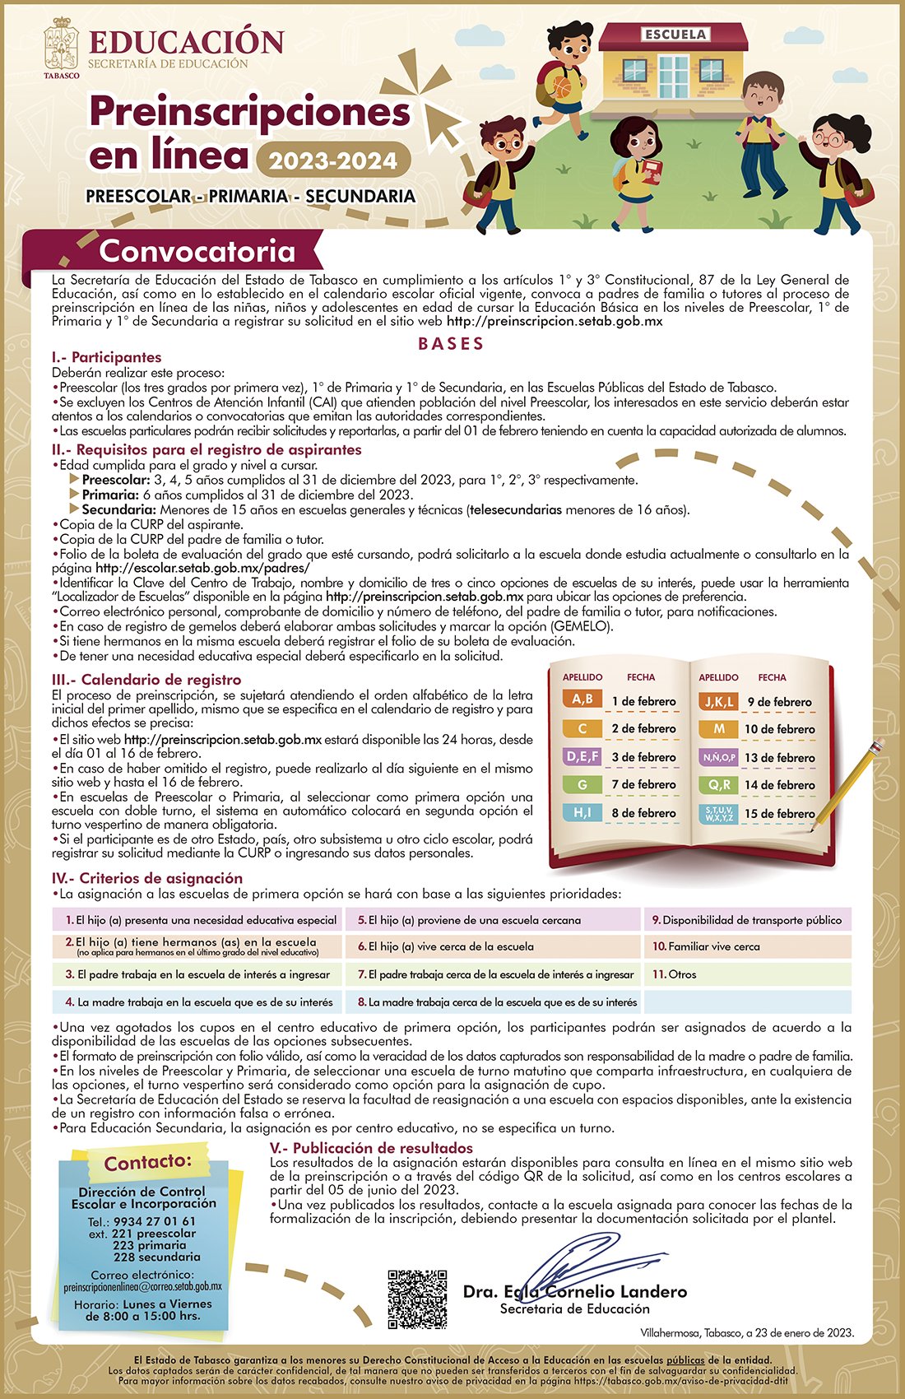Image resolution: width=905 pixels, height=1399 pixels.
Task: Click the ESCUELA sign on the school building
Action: point(675,35)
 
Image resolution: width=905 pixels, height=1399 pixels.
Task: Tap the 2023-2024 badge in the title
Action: point(333,160)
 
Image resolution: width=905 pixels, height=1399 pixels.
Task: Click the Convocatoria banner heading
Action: point(197,251)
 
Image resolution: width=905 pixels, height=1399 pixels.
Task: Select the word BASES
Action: point(452,344)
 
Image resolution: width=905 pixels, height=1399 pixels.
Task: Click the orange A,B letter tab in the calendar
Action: point(582,699)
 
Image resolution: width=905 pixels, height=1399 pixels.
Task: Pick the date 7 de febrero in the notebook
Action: point(643,784)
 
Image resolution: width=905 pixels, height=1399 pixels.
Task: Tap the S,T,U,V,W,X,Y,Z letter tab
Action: point(719,814)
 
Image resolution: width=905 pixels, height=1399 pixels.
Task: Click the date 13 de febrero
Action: point(779,757)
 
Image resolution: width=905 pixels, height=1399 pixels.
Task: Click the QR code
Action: point(417,1299)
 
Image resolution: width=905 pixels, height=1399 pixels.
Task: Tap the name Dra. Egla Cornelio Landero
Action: point(574,1291)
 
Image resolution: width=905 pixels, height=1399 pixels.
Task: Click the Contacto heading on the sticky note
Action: point(148,1161)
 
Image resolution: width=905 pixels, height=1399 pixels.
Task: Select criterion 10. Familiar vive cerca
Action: point(707,946)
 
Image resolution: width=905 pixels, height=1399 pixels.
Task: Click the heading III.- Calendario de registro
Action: point(146,680)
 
